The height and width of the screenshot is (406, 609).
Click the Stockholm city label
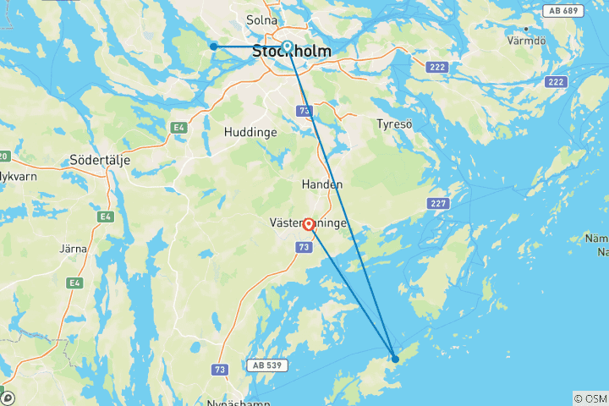coord(291,52)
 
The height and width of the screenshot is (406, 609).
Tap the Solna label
coord(261,19)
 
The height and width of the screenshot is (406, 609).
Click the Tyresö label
coord(394,123)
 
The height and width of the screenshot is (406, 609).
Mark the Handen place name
coord(322,184)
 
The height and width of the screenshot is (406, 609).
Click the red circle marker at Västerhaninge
coord(309,225)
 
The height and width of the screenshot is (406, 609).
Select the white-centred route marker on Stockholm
coord(288,47)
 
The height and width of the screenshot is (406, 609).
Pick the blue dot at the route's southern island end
coord(395,359)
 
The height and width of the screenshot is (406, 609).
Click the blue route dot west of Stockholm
coord(214,47)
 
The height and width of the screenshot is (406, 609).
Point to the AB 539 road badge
coord(266,365)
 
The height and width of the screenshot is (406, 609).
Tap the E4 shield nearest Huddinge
coord(178,128)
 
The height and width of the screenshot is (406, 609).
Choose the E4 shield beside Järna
coord(76,283)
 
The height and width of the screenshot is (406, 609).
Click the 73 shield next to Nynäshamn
coord(220,370)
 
